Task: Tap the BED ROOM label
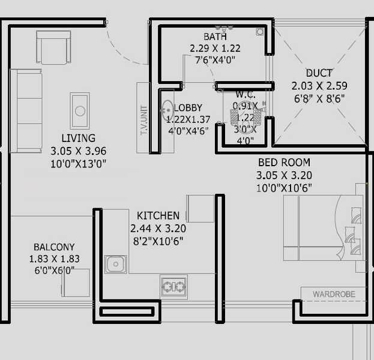[x=284, y=163]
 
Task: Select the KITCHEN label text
[x=158, y=215]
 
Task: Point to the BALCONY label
[x=54, y=247]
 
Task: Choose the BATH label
[x=214, y=37]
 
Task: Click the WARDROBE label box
[x=333, y=294]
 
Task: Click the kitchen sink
[x=115, y=264]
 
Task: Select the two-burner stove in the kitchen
[x=173, y=286]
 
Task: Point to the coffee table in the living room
[x=79, y=110]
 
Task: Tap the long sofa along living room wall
[x=25, y=110]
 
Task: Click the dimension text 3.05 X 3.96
[x=78, y=151]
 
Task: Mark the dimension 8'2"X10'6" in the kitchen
[x=157, y=241]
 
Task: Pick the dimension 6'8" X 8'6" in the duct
[x=318, y=98]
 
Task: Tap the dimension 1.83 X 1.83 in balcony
[x=54, y=259]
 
